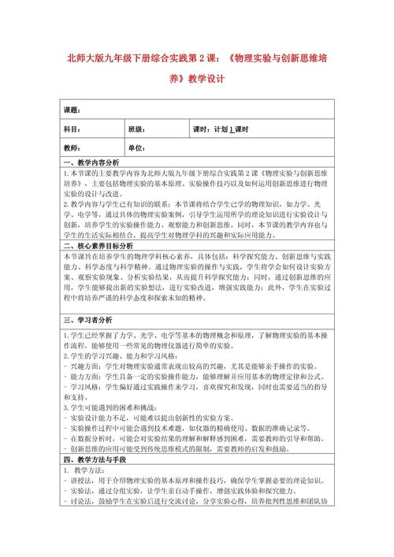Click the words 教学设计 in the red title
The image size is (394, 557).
[x=206, y=79]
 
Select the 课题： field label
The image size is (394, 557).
[x=72, y=109]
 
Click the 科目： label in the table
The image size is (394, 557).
[x=72, y=128]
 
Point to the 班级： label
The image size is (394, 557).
[x=137, y=128]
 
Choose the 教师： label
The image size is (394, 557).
[x=72, y=148]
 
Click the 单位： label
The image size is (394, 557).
[x=137, y=148]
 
